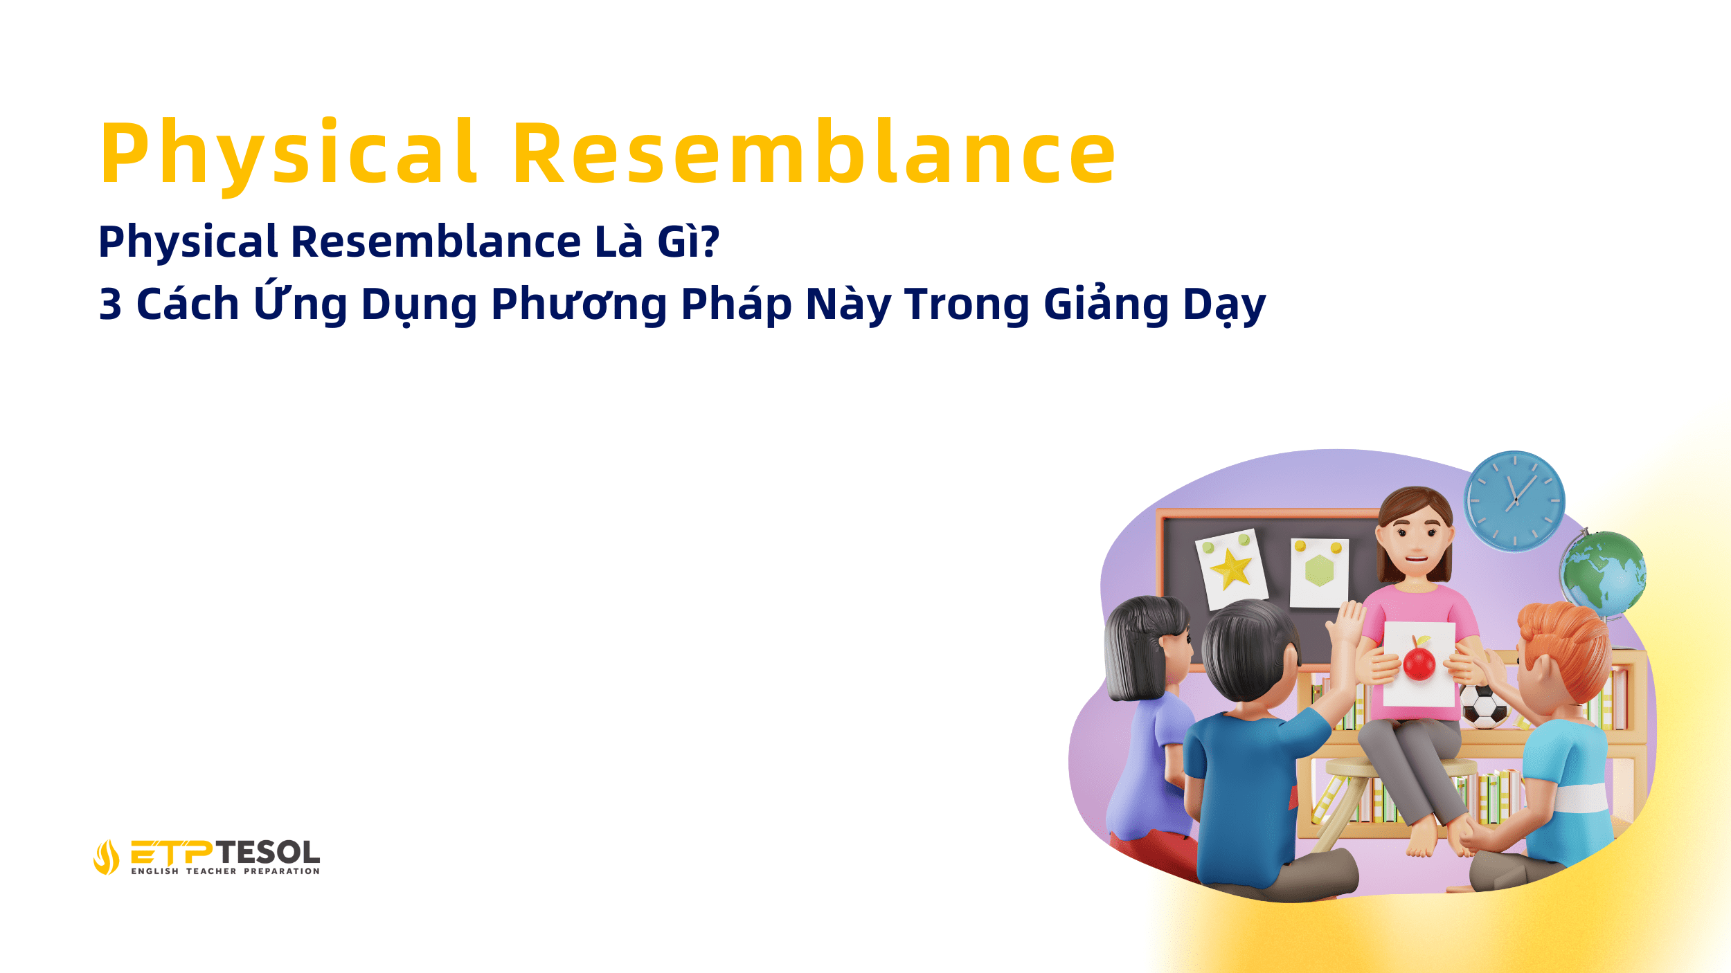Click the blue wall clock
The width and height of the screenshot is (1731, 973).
click(x=1515, y=500)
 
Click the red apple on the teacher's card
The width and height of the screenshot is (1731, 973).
click(x=1419, y=662)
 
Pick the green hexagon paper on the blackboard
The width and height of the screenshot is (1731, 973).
click(x=1319, y=572)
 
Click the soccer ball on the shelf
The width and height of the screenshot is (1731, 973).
click(x=1482, y=705)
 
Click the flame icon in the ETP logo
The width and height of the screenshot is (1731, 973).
click(x=106, y=857)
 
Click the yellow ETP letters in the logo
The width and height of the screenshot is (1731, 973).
click(x=172, y=852)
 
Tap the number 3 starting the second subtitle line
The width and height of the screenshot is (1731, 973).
click(x=111, y=304)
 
